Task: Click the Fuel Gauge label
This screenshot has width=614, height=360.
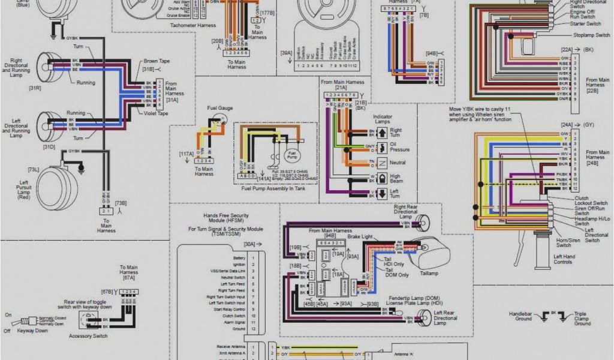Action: (x=220, y=109)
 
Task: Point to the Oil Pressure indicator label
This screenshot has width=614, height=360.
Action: (x=400, y=147)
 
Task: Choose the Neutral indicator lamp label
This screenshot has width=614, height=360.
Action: (x=398, y=163)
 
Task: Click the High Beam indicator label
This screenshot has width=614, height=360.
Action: (x=396, y=178)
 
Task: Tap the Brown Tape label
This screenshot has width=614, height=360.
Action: (x=156, y=61)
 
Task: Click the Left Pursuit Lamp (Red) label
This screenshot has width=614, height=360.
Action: (x=24, y=190)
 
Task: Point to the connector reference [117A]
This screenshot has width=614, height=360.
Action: (x=186, y=154)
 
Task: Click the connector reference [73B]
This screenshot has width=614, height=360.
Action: (x=121, y=203)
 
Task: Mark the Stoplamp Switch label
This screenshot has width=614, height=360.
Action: (x=591, y=35)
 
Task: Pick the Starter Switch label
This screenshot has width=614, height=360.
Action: (x=585, y=24)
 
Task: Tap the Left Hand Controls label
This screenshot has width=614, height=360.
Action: (x=562, y=259)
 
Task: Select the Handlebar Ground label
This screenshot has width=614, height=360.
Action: (x=520, y=316)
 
